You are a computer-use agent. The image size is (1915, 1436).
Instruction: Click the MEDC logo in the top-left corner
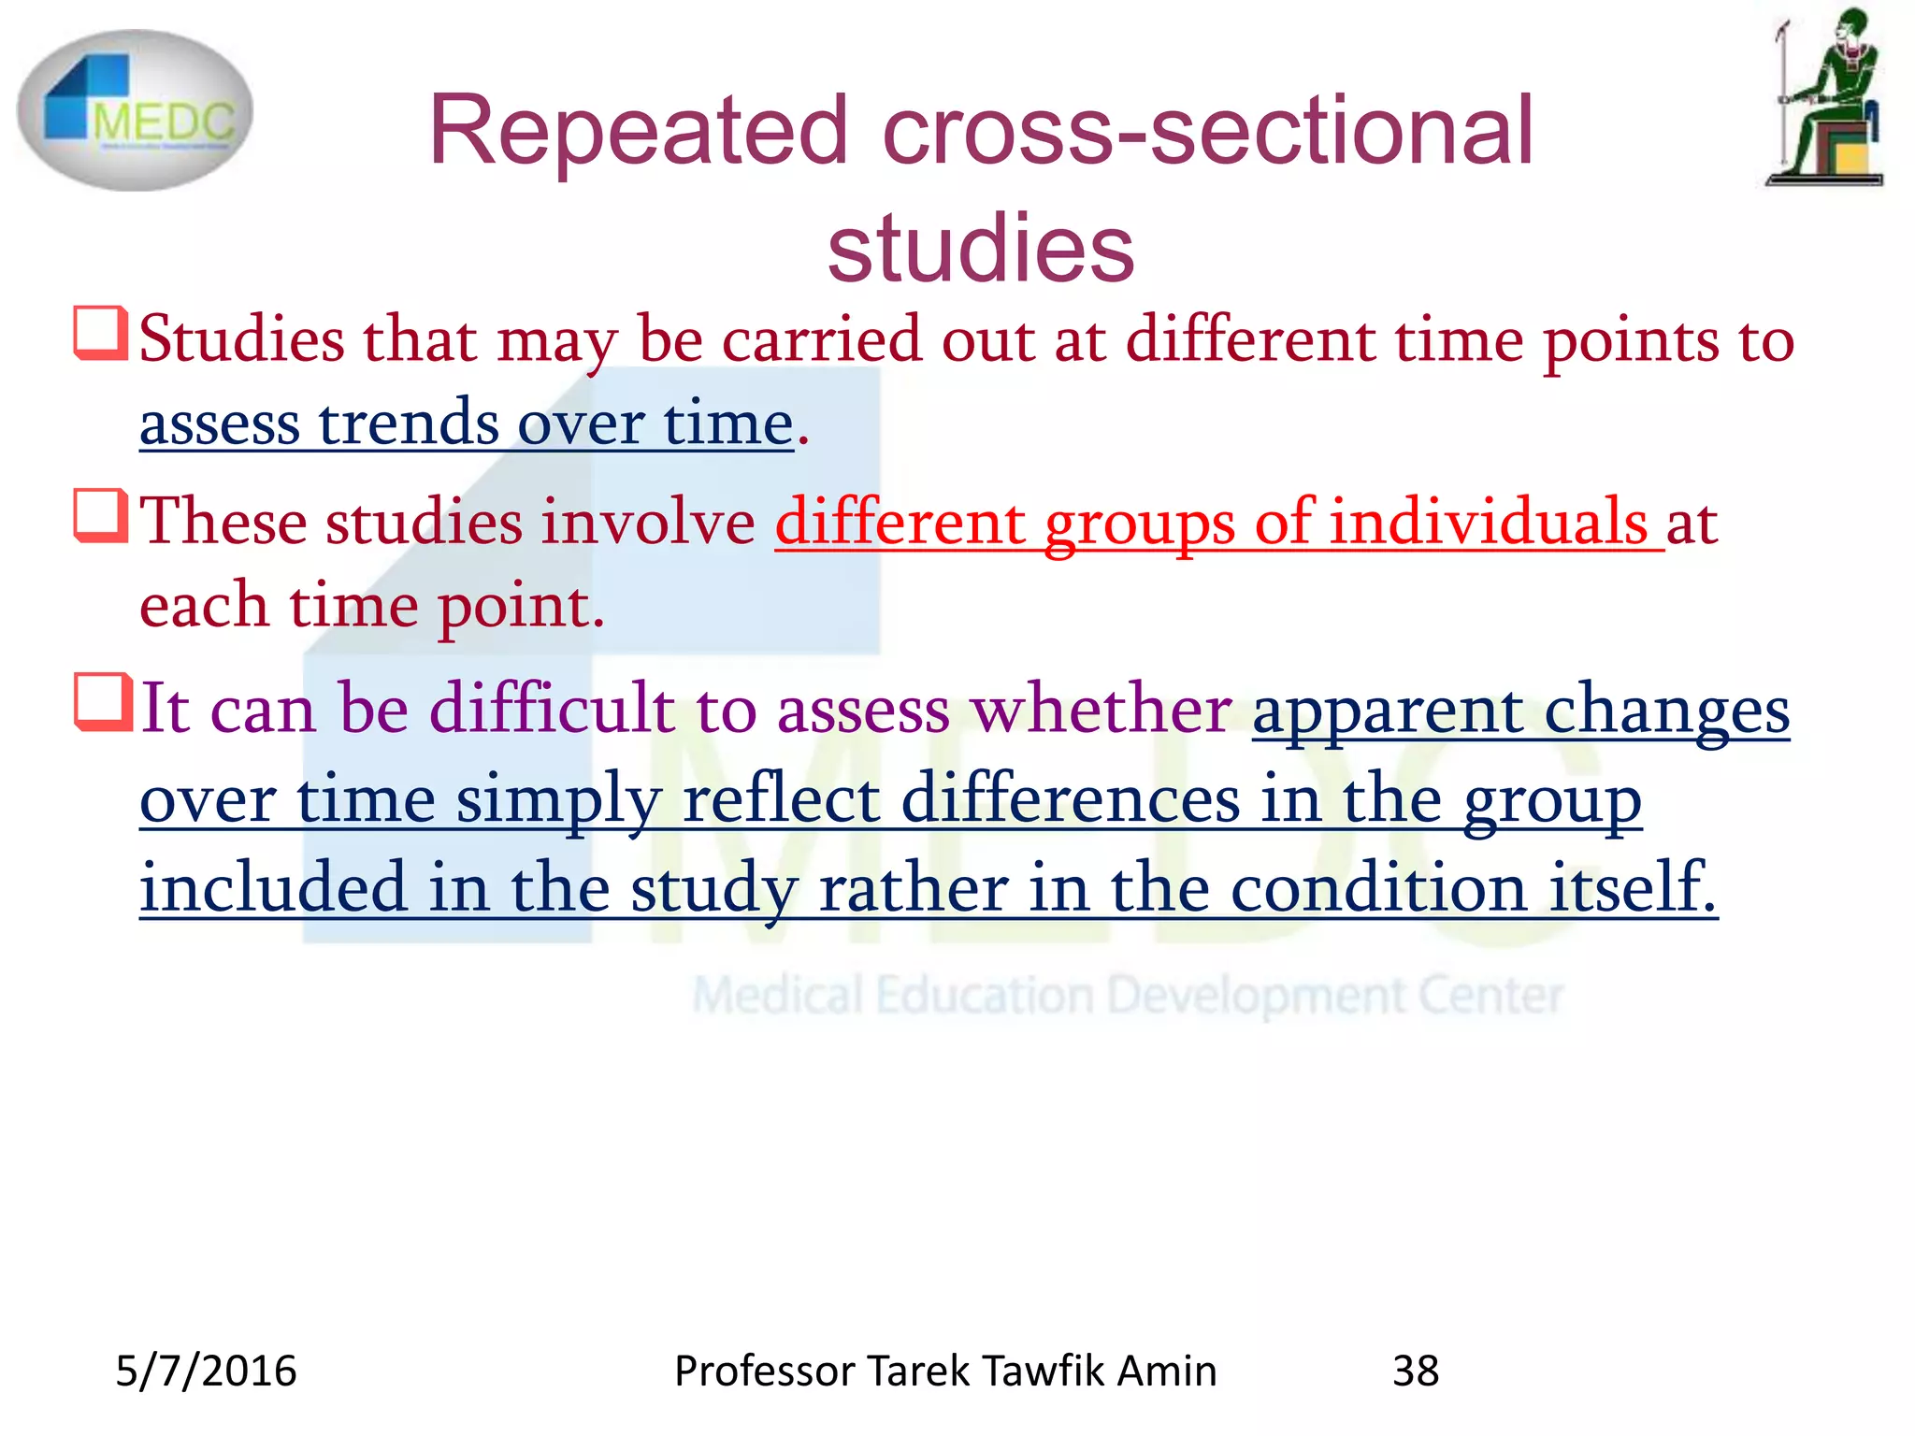pos(135,110)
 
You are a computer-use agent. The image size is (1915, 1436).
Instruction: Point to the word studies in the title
pos(980,248)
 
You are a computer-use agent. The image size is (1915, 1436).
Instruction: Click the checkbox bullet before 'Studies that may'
pos(99,333)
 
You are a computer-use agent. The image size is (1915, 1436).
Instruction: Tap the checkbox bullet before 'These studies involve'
pos(99,516)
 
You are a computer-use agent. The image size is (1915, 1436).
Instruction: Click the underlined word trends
pos(408,424)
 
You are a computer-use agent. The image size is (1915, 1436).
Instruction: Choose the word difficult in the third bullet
pos(552,708)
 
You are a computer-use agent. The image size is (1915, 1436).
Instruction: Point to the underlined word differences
pos(1070,799)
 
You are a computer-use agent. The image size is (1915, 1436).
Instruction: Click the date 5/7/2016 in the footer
pos(206,1371)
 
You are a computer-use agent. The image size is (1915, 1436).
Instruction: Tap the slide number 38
pos(1416,1371)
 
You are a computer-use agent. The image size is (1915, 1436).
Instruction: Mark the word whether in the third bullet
pos(1101,708)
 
